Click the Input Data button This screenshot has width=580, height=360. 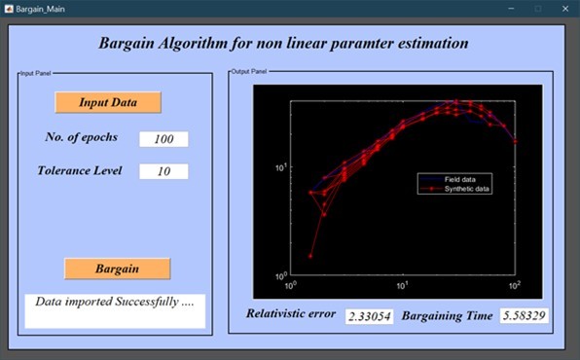[108, 102]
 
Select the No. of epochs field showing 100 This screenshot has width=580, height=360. [163, 139]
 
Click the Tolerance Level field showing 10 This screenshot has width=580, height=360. [163, 171]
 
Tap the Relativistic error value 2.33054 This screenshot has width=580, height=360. [369, 316]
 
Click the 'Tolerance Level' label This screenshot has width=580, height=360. [80, 170]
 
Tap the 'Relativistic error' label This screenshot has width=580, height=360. [290, 315]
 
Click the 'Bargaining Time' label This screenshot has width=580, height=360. [447, 316]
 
